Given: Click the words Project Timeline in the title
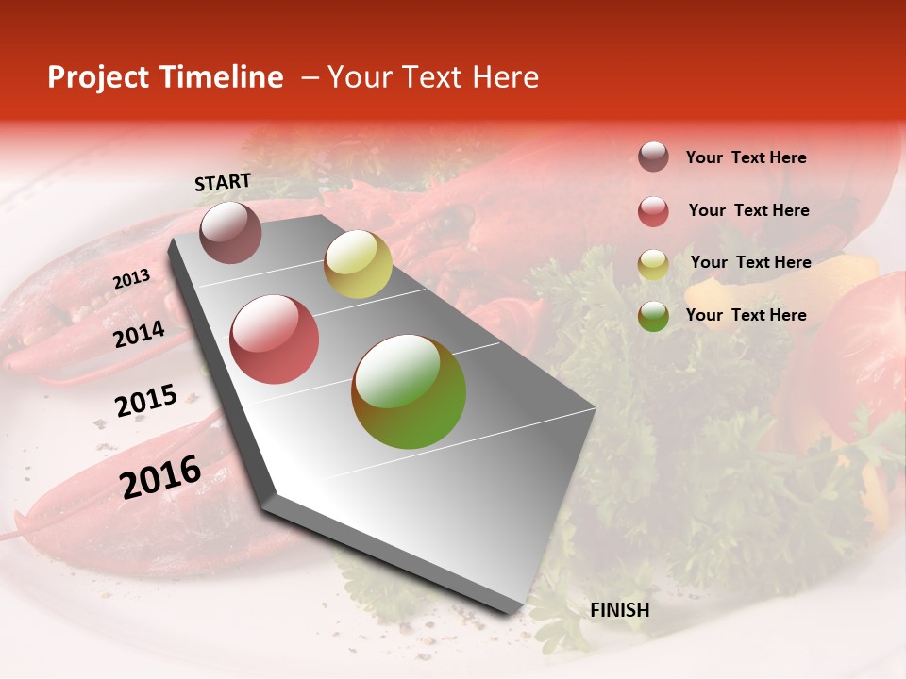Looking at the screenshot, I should point(165,77).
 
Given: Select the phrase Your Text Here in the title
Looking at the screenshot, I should point(433,77).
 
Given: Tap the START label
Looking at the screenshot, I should point(223,183).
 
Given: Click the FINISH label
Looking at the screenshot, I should point(619,610).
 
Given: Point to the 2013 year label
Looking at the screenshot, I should point(131,278).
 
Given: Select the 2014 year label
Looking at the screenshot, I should point(139,335).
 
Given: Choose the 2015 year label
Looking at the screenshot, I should point(145,401).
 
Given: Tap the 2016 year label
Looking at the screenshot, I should point(160,475).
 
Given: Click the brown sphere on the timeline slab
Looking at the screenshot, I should point(230,232).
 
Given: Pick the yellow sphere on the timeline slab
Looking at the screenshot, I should point(358,264).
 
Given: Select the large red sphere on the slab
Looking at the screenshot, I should point(275,339).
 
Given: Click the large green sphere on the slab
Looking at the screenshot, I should point(409,391).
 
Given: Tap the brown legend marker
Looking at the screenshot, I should point(653,157).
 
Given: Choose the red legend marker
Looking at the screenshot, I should point(653,211).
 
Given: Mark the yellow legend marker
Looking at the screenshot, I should point(653,264).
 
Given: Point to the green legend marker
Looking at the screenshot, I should point(653,316).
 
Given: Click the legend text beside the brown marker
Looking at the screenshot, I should point(746,157).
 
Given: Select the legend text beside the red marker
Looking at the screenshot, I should point(748,210).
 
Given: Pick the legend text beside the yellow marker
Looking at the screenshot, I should point(750,262).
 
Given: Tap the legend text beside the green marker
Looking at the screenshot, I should point(746,315).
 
